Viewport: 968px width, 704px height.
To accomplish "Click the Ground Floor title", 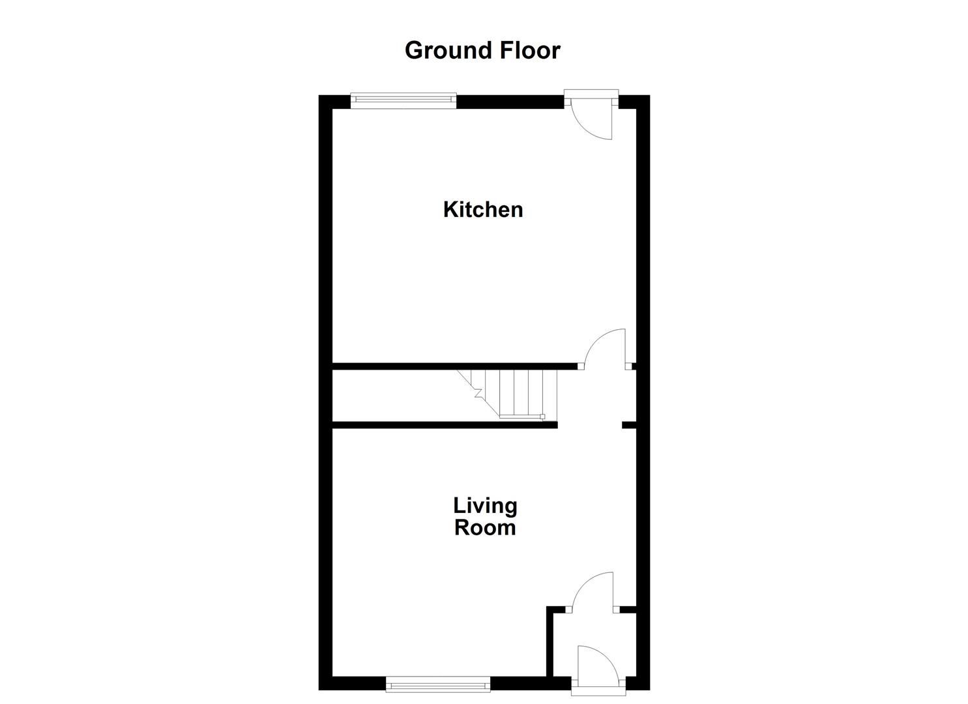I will pyautogui.click(x=482, y=50).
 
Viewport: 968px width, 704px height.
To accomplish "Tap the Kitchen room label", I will pyautogui.click(x=483, y=209).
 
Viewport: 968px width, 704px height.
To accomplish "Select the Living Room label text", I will pyautogui.click(x=485, y=516).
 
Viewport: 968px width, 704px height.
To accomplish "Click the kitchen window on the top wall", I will pyautogui.click(x=403, y=99).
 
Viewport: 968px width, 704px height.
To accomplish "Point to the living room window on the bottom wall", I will pyautogui.click(x=437, y=684).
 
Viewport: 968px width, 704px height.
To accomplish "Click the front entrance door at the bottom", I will pyautogui.click(x=594, y=664).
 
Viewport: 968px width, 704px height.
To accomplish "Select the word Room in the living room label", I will pyautogui.click(x=485, y=527).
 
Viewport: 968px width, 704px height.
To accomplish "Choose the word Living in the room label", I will pyautogui.click(x=485, y=505).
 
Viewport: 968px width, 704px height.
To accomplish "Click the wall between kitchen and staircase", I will pyautogui.click(x=456, y=366).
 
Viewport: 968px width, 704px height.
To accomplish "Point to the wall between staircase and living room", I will pyautogui.click(x=443, y=425).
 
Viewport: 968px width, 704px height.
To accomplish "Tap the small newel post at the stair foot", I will pyautogui.click(x=542, y=417).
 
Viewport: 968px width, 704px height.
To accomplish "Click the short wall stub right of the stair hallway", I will pyautogui.click(x=628, y=425).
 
